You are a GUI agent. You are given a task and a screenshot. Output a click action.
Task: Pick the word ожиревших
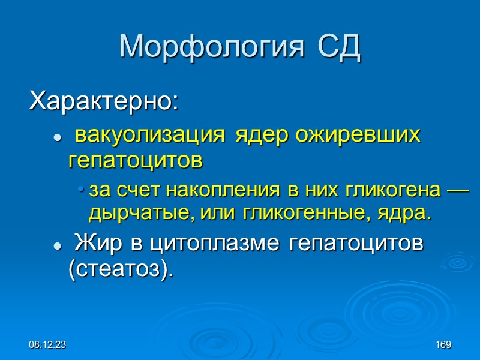pyautogui.click(x=358, y=135)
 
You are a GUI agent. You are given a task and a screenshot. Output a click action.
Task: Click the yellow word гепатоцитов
pyautogui.click(x=136, y=160)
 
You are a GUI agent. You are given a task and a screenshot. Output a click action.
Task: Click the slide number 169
pyautogui.click(x=443, y=345)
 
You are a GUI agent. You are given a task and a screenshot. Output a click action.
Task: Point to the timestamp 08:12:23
pyautogui.click(x=47, y=345)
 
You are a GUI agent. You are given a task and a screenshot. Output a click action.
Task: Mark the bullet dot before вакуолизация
pyautogui.click(x=57, y=138)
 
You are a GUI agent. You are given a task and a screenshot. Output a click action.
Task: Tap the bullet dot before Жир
pyautogui.click(x=57, y=247)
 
